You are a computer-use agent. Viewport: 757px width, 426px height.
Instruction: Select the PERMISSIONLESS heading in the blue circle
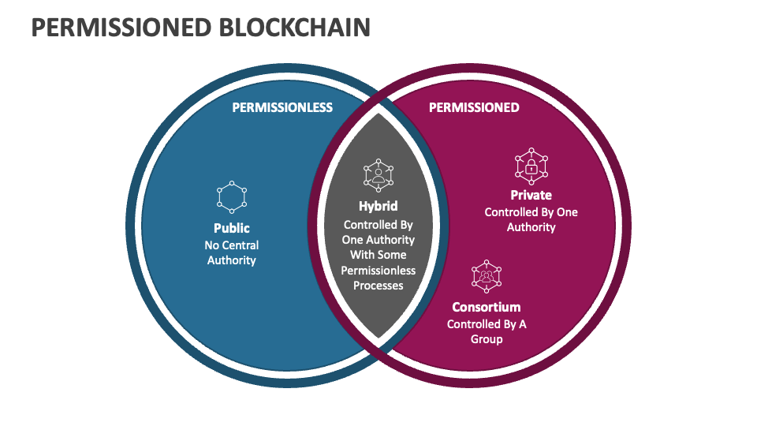pos(282,107)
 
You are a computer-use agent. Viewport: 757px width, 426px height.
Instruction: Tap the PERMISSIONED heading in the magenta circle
pos(474,107)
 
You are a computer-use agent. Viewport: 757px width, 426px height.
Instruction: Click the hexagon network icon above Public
pos(231,197)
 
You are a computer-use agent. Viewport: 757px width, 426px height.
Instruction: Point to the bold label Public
pos(231,229)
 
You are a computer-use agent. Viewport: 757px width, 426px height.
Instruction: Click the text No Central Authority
pos(231,252)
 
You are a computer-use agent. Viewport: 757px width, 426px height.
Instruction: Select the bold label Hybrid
pos(378,207)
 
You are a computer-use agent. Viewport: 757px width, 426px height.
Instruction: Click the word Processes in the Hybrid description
pos(378,286)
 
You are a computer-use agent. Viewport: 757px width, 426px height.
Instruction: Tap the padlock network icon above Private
pos(531,166)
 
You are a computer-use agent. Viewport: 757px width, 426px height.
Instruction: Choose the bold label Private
pos(531,195)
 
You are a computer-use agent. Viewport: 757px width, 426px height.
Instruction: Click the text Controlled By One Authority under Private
pos(531,219)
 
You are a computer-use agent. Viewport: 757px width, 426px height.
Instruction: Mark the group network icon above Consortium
pos(487,276)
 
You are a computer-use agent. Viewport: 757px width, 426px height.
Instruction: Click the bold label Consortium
pos(487,307)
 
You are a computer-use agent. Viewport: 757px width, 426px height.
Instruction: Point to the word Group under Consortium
pos(487,339)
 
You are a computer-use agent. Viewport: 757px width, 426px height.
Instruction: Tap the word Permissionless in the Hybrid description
pos(378,271)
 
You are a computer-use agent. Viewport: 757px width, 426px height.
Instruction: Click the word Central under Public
pos(240,245)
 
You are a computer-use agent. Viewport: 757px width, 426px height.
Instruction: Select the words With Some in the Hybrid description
pos(378,255)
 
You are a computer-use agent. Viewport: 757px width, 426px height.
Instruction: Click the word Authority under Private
pos(531,227)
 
